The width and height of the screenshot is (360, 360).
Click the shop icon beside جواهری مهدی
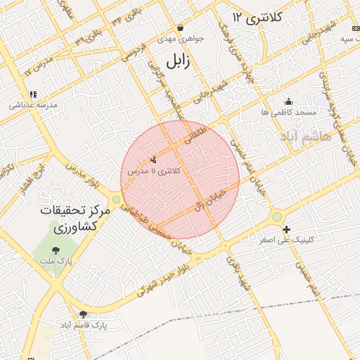coord(181,28)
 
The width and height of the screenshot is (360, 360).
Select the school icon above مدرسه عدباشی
coord(32,94)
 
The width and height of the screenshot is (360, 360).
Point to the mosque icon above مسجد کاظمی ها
coord(288,101)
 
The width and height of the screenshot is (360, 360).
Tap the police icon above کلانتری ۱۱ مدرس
coord(154,160)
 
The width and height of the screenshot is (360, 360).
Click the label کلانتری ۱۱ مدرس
coord(154,171)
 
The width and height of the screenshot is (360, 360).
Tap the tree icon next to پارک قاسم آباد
coord(84,314)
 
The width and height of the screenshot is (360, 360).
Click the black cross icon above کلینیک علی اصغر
coord(286,229)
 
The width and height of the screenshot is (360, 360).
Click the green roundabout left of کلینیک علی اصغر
coord(276,217)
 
